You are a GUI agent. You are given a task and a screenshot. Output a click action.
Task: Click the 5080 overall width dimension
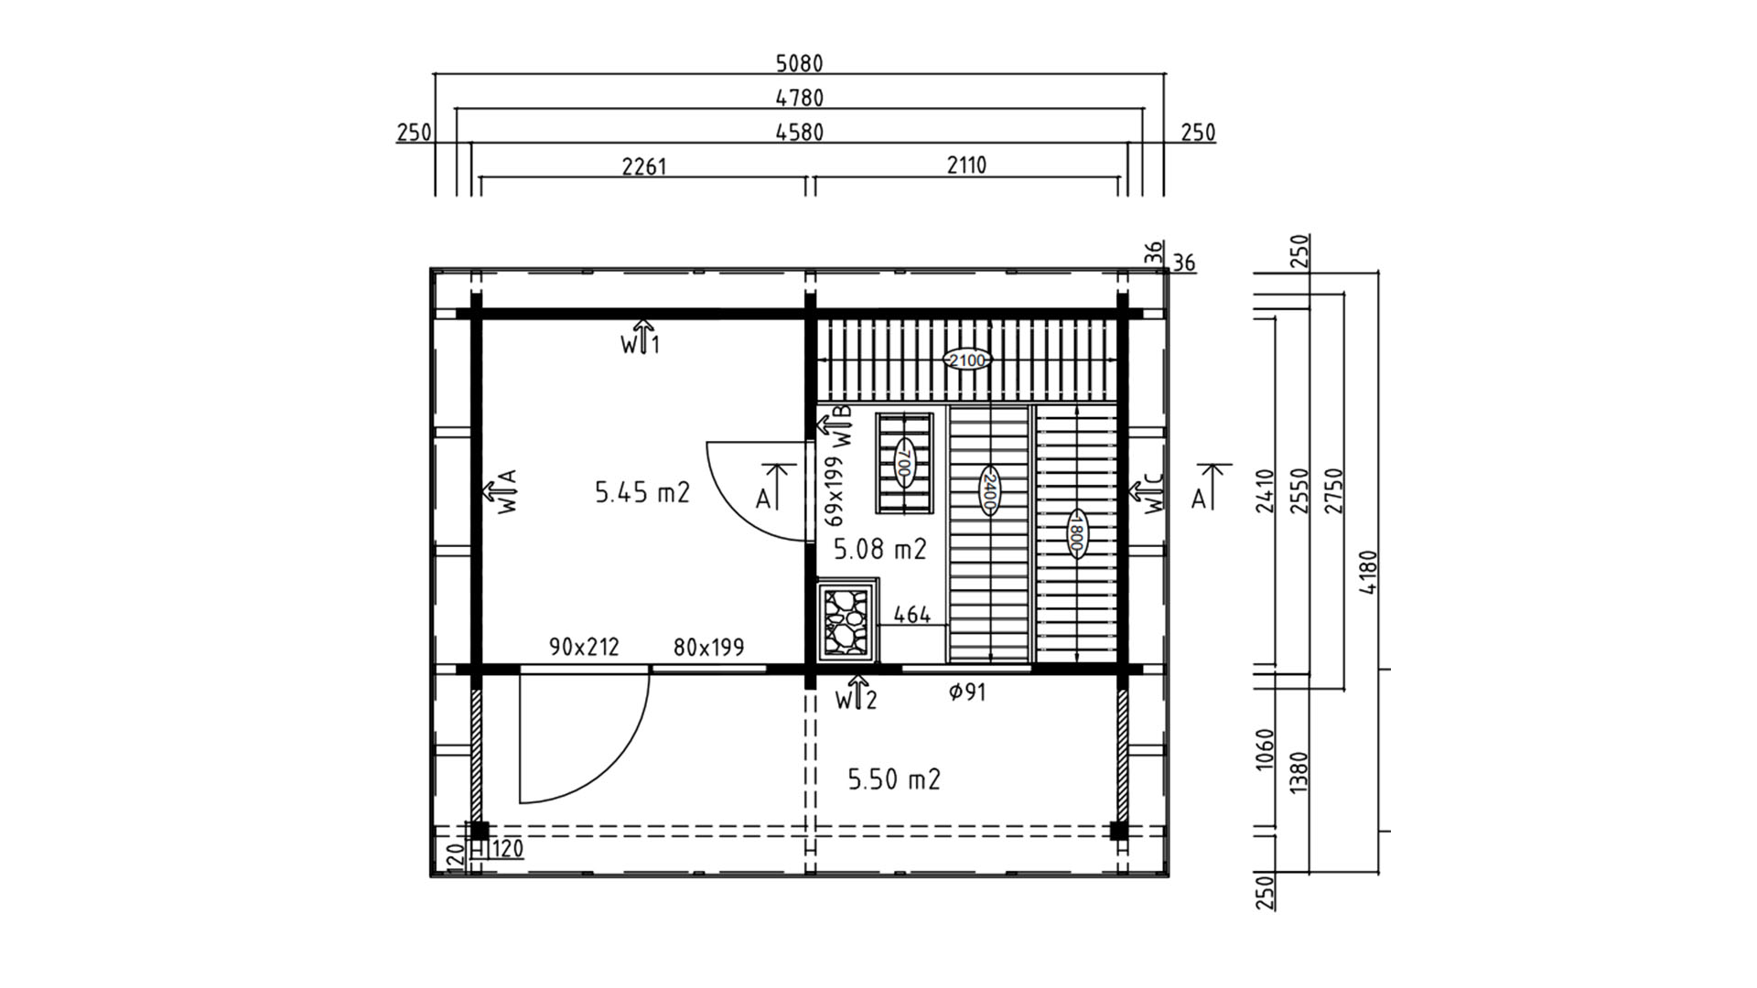(x=799, y=63)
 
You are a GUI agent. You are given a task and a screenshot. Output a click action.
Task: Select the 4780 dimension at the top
(x=799, y=97)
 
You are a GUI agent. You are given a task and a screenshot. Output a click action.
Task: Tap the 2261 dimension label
(x=644, y=166)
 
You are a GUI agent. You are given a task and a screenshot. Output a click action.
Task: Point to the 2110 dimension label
(x=966, y=165)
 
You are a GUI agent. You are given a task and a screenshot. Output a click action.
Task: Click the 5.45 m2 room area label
(x=642, y=492)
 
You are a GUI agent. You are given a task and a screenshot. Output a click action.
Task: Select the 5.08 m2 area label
(x=880, y=549)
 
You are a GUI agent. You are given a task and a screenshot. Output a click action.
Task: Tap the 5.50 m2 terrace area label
(x=894, y=779)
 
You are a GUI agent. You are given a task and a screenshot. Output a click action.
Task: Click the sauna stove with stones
(x=847, y=619)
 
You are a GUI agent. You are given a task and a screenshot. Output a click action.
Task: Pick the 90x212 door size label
(x=584, y=647)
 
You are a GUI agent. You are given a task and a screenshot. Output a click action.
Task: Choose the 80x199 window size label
(x=708, y=648)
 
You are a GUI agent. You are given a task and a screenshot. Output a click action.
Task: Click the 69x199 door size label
(x=834, y=491)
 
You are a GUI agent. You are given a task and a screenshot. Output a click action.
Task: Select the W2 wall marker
(x=857, y=694)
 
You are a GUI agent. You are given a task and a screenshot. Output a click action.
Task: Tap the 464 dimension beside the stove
(x=912, y=615)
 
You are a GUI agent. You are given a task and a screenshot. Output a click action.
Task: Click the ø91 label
(x=967, y=693)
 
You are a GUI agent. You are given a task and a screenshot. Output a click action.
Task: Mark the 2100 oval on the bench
(x=967, y=360)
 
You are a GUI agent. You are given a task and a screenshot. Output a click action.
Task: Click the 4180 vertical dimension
(x=1368, y=572)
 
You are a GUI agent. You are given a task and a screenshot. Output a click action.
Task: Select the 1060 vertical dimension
(x=1265, y=749)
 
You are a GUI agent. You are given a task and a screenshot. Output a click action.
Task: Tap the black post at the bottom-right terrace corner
(x=1118, y=831)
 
